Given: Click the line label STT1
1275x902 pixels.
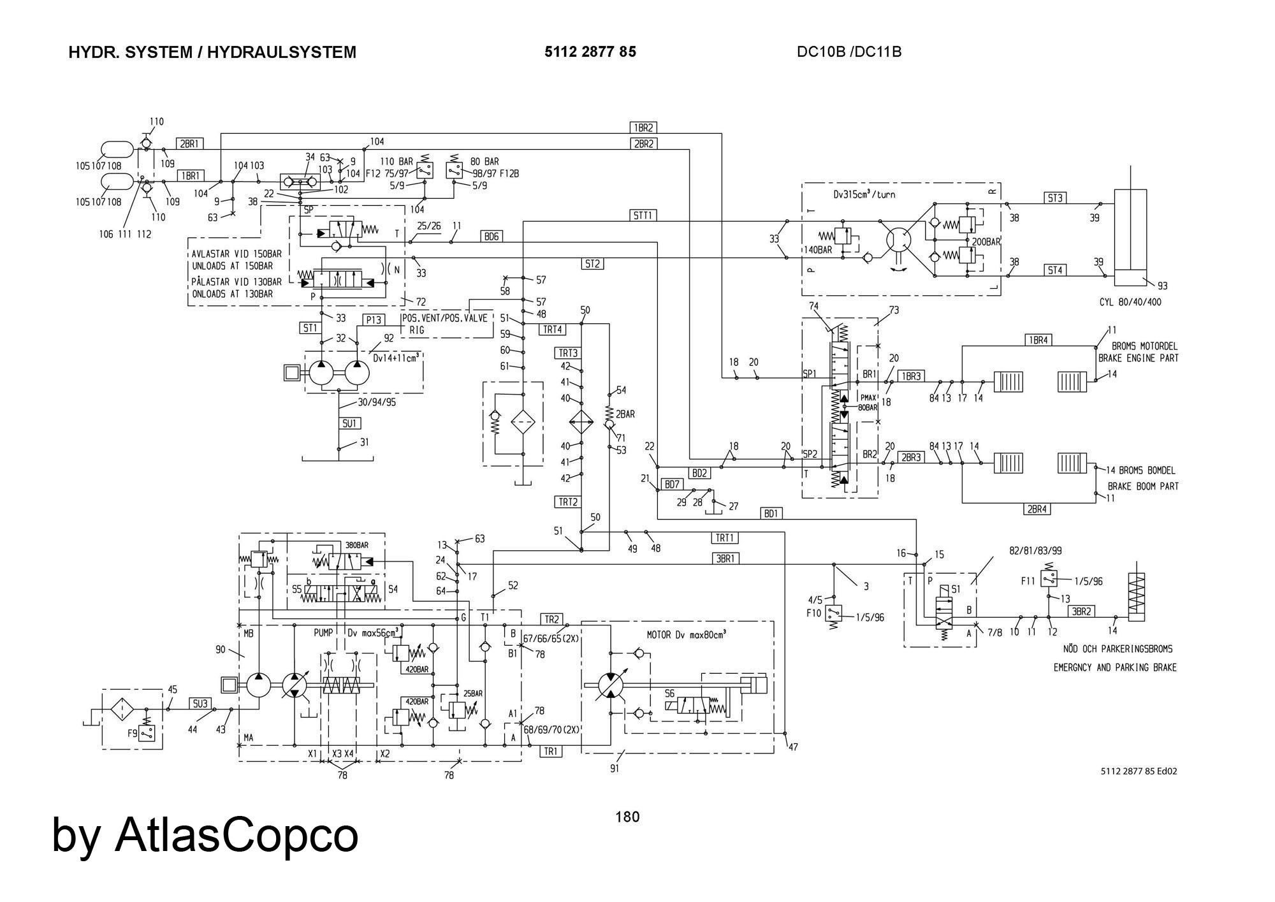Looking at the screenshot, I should pyautogui.click(x=643, y=215).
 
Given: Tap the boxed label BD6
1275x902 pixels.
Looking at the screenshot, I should pyautogui.click(x=492, y=236).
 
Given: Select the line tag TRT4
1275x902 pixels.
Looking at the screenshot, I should pyautogui.click(x=552, y=329).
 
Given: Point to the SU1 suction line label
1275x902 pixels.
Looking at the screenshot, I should pyautogui.click(x=349, y=423).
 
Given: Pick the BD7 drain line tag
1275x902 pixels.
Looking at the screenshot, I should pyautogui.click(x=672, y=484).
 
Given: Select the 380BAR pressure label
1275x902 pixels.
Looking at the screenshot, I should pyautogui.click(x=356, y=546).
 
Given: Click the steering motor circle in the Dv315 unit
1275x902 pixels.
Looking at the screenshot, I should pyautogui.click(x=898, y=241).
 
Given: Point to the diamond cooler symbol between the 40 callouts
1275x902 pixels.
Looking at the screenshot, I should pyautogui.click(x=581, y=422).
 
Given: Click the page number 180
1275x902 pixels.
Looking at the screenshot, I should pyautogui.click(x=627, y=817).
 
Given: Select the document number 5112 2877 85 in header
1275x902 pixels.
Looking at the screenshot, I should pyautogui.click(x=590, y=52).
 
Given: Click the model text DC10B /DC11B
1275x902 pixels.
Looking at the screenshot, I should pyautogui.click(x=849, y=52).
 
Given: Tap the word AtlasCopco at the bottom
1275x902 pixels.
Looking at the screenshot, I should pyautogui.click(x=237, y=834).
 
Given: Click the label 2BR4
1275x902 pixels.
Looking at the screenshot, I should pyautogui.click(x=1037, y=509).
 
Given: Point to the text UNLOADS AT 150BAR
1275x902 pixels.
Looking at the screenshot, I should pyautogui.click(x=232, y=266).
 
